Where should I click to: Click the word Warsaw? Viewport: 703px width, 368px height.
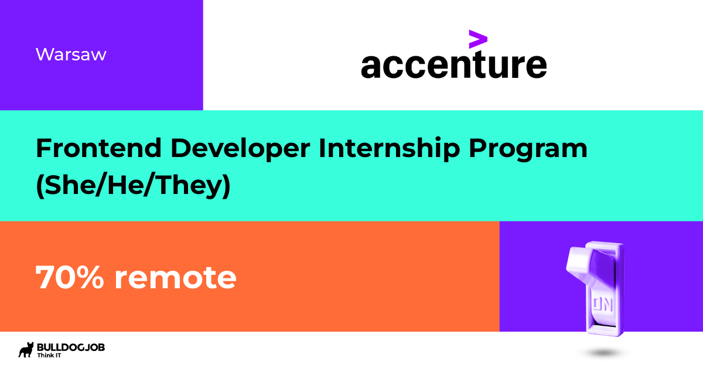pos(71,54)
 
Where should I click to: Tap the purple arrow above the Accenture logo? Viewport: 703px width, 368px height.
pos(478,39)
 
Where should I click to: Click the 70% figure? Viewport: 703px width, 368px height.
pos(69,277)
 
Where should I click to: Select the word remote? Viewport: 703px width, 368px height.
pos(175,278)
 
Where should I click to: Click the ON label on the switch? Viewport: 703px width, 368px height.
pos(603,304)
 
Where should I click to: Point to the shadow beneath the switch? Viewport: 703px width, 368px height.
pos(603,353)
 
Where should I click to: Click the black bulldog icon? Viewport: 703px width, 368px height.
pos(26,350)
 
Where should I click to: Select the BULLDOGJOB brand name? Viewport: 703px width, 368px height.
pos(71,347)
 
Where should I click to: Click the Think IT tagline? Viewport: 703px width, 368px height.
pos(49,356)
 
